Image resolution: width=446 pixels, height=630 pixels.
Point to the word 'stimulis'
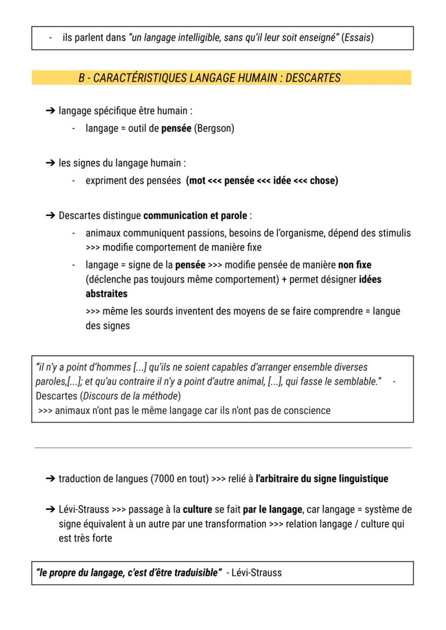(x=393, y=233)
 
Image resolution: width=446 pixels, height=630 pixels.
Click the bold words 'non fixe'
(x=354, y=265)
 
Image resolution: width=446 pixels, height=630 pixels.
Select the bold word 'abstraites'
(x=106, y=294)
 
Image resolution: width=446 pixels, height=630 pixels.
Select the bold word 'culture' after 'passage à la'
(x=197, y=509)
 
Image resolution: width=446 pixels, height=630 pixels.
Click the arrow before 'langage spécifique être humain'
(x=50, y=111)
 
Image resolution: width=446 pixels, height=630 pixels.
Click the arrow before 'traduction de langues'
(x=50, y=479)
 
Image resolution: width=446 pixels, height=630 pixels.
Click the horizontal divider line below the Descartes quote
(x=222, y=447)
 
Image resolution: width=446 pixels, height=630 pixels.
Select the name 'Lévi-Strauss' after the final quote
(x=256, y=572)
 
